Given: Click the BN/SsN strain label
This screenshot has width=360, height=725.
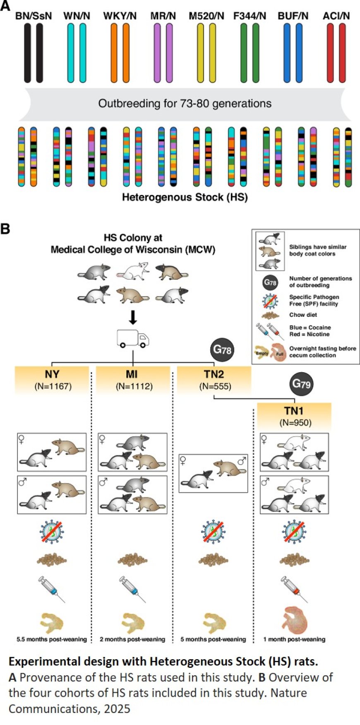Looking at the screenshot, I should point(34,16).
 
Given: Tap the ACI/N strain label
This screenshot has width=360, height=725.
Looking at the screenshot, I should point(336,16).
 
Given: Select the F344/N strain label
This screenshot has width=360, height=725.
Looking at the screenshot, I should point(250,16).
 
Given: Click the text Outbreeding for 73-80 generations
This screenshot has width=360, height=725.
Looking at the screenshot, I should point(185,103).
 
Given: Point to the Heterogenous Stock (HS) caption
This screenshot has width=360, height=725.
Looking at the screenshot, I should point(185,197).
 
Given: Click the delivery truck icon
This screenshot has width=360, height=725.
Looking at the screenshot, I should point(132,338).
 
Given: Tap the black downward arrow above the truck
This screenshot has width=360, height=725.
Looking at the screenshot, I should point(132,317).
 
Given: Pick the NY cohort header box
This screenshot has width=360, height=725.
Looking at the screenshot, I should point(52,379).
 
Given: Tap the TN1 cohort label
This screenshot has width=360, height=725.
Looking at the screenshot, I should point(294,411).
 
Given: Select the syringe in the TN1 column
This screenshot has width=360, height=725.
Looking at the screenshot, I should point(294,589).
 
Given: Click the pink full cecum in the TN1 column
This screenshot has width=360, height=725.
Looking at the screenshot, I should point(296,620).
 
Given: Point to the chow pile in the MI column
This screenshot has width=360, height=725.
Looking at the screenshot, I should point(132,560).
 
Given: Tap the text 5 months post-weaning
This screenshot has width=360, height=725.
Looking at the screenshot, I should point(213,639).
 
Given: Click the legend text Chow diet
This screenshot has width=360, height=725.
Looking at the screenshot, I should point(303,315).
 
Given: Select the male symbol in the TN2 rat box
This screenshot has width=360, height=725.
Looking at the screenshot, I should point(242,461).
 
